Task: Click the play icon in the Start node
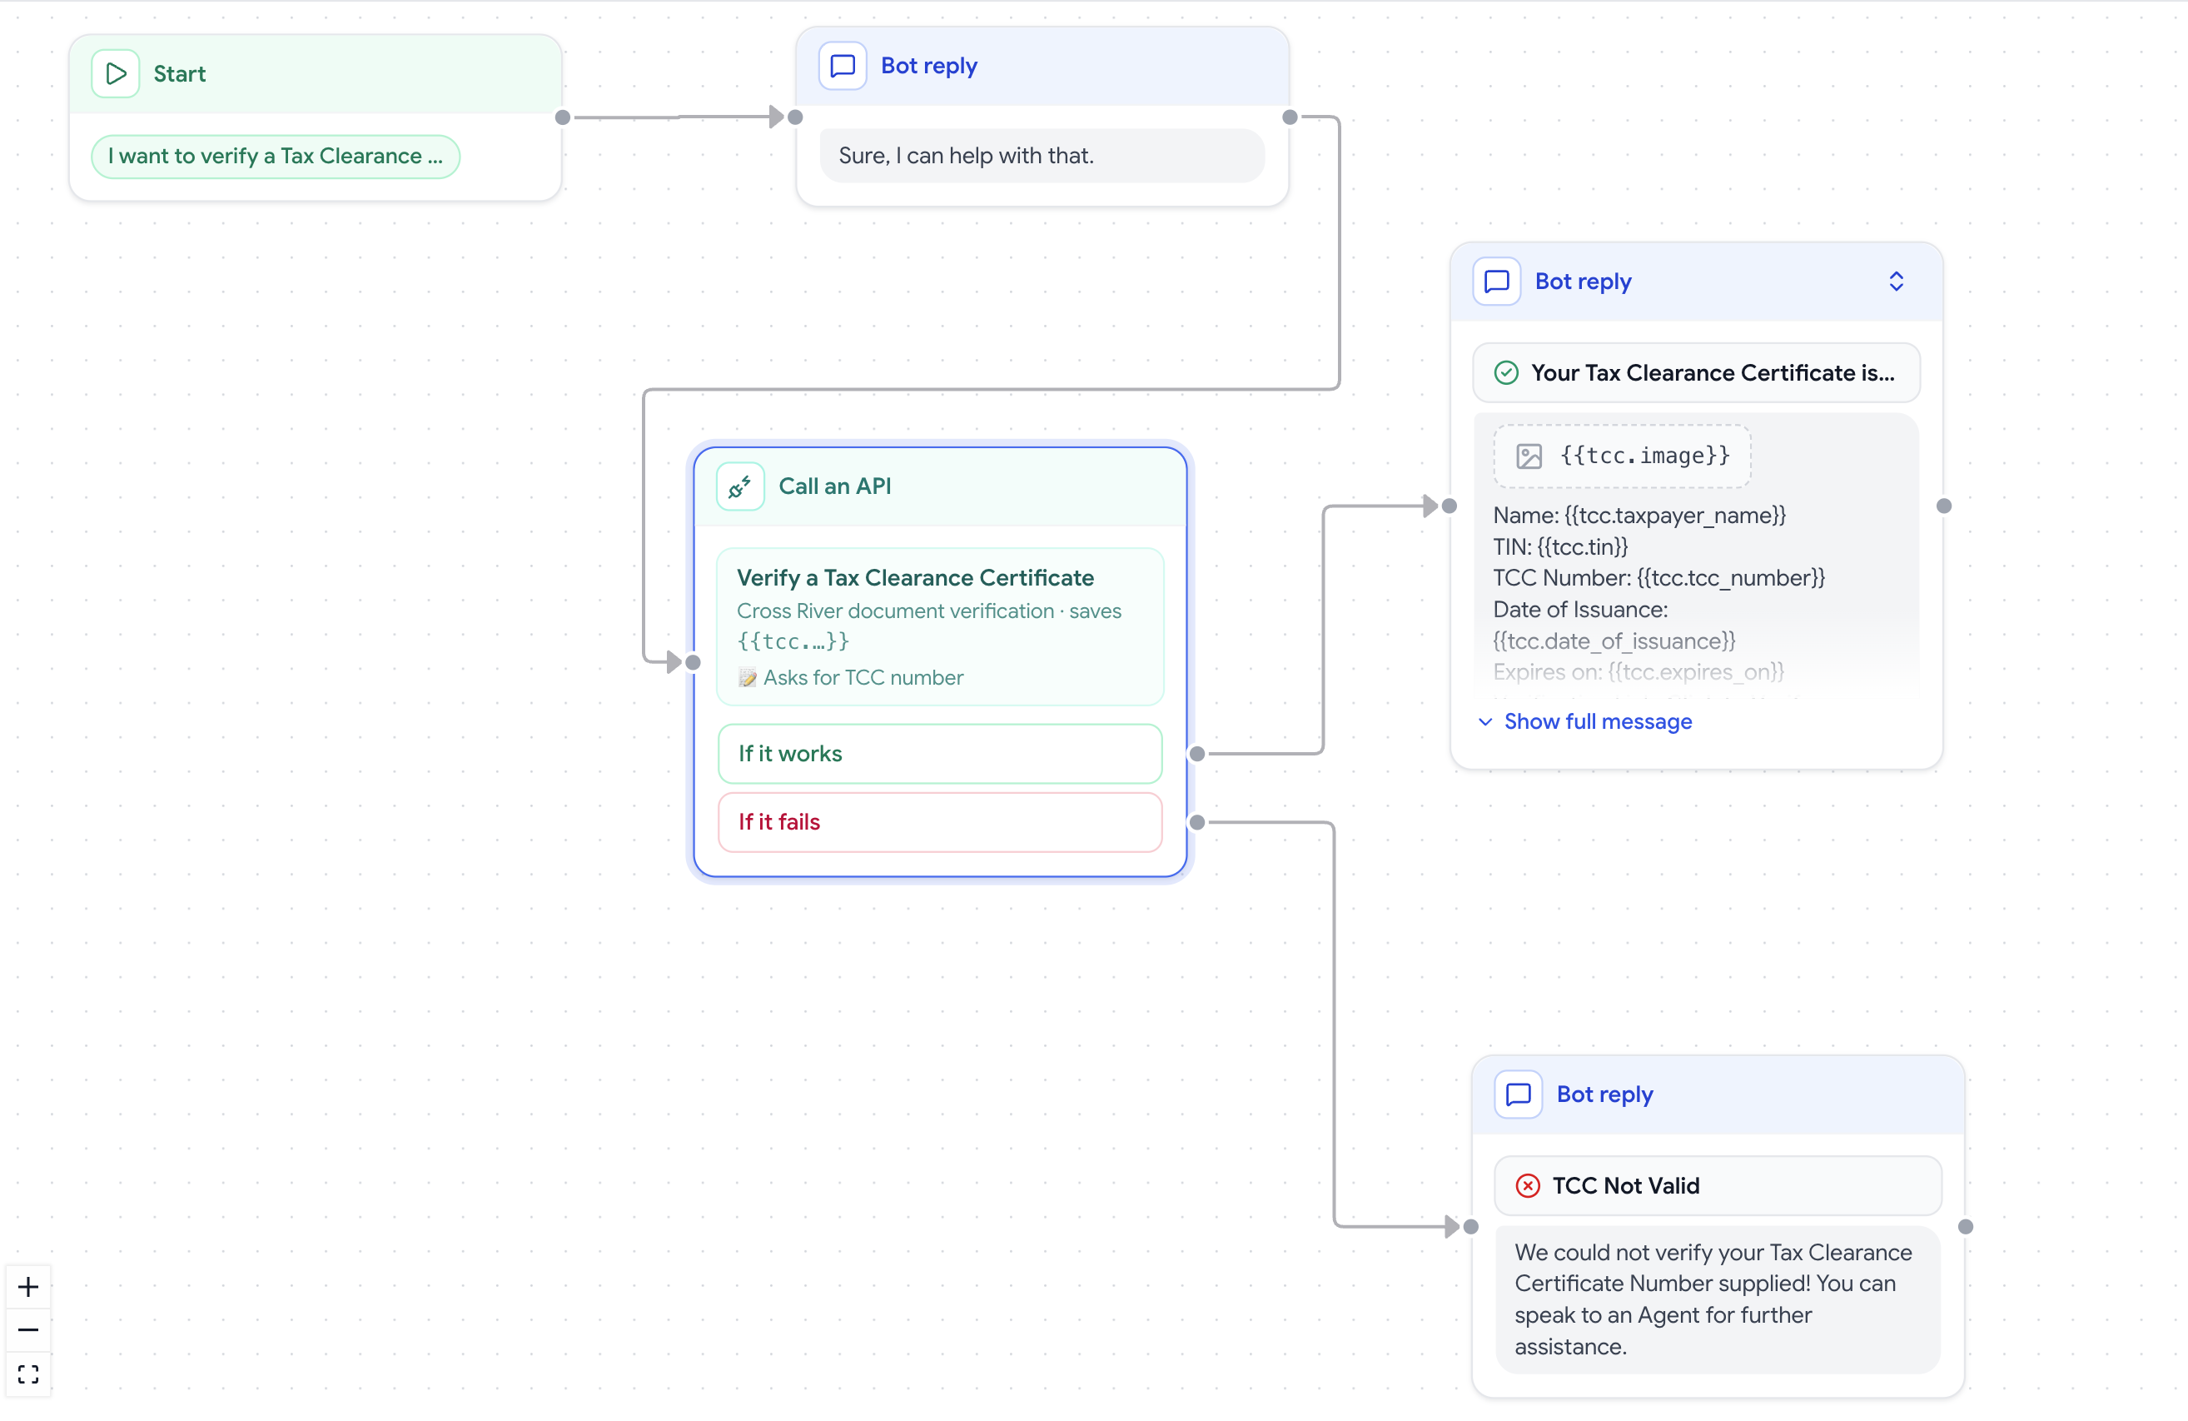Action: click(x=116, y=73)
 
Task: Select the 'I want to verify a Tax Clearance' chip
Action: click(x=275, y=157)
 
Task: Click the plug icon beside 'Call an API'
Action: click(x=740, y=486)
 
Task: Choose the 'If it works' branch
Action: click(x=939, y=753)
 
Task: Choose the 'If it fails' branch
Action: click(x=939, y=822)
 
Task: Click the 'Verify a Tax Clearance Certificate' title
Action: click(x=915, y=577)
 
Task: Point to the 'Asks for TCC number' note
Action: click(x=851, y=678)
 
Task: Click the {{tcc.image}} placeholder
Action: click(x=1622, y=456)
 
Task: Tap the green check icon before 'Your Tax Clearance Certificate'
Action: click(x=1506, y=372)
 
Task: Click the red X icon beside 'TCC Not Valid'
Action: click(x=1527, y=1185)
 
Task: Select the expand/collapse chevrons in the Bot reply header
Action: click(x=1896, y=282)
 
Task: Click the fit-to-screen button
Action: click(x=28, y=1374)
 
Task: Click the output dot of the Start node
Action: click(x=563, y=117)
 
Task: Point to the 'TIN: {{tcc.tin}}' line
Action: click(x=1560, y=547)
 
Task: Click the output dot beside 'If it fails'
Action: click(x=1197, y=822)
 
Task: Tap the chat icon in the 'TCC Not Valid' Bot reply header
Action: click(x=1519, y=1094)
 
